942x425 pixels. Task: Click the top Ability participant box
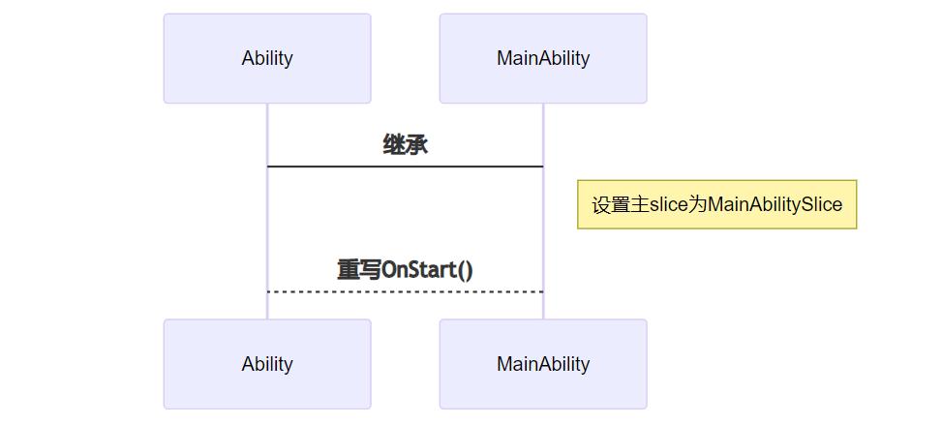coord(267,58)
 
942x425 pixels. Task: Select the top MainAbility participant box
coord(543,58)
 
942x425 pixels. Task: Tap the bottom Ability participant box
coord(267,364)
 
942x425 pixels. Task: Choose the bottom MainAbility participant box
coord(543,364)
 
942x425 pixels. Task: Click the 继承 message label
coord(406,145)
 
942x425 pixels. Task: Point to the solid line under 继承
coord(406,167)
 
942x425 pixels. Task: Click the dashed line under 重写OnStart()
coord(406,291)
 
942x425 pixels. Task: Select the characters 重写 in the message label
coord(358,269)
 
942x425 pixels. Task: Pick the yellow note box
coord(716,204)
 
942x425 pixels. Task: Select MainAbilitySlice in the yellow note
coord(775,205)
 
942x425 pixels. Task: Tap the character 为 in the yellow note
coord(697,205)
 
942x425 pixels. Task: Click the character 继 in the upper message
coord(395,145)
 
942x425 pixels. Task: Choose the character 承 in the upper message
coord(417,145)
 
